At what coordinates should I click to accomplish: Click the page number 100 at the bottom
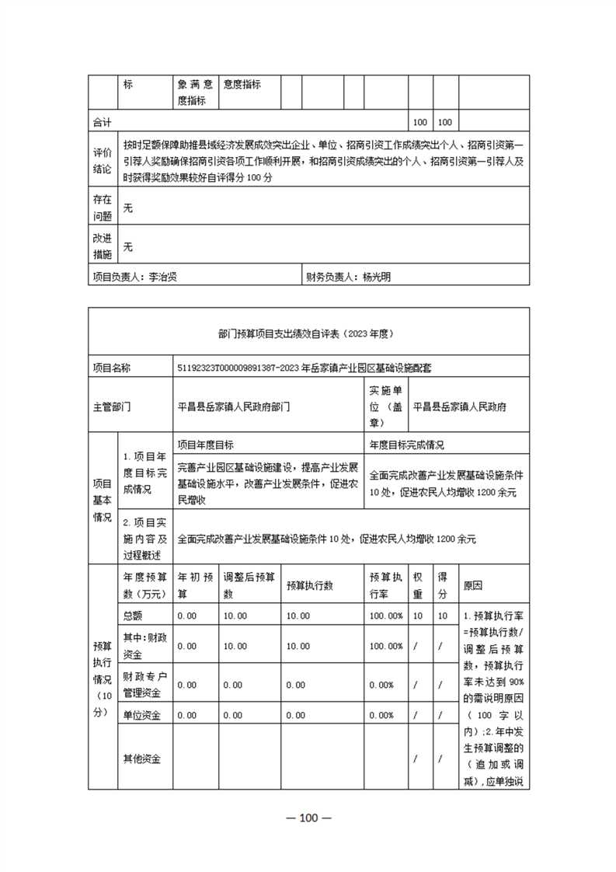(308, 818)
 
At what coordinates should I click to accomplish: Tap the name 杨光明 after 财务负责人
(378, 276)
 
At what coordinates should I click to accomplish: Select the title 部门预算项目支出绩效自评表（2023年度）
(308, 333)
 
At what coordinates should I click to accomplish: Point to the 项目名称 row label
(113, 368)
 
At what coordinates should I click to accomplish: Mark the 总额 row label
(133, 615)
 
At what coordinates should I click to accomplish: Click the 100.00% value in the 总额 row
(386, 615)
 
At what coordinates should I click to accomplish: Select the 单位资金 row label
(141, 716)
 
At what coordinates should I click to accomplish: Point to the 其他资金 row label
(141, 759)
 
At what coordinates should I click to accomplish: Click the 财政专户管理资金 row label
(145, 685)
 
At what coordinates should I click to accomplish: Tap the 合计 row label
(103, 122)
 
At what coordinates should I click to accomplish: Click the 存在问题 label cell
(103, 208)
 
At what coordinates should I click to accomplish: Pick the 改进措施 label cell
(103, 246)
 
